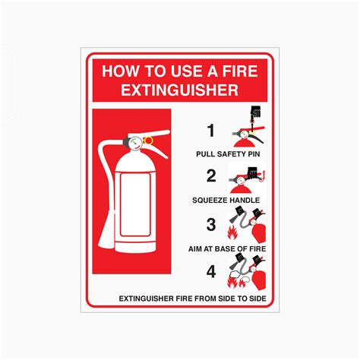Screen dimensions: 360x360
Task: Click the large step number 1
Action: pyautogui.click(x=212, y=130)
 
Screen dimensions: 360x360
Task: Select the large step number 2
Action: pyautogui.click(x=212, y=176)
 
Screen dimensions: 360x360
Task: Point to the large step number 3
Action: pyautogui.click(x=212, y=225)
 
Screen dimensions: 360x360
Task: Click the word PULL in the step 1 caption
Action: pyautogui.click(x=206, y=154)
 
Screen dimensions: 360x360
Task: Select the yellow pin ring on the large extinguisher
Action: pyautogui.click(x=147, y=140)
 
